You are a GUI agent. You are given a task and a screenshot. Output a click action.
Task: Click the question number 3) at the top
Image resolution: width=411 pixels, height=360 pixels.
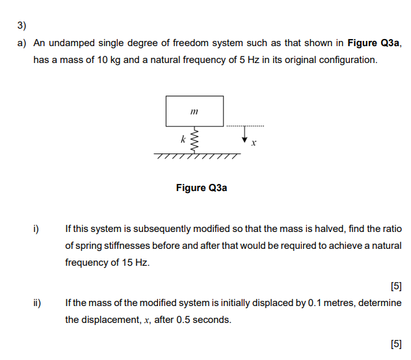(x=21, y=27)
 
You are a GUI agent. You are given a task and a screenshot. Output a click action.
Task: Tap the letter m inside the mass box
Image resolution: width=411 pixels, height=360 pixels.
(x=194, y=112)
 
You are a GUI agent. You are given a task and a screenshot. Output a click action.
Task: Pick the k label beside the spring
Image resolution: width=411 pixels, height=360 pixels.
(x=183, y=139)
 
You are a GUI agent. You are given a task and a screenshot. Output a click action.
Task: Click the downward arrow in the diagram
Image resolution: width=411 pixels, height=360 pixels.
(x=245, y=135)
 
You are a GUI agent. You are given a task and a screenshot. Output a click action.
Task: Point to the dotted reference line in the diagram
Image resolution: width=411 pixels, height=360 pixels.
(x=245, y=125)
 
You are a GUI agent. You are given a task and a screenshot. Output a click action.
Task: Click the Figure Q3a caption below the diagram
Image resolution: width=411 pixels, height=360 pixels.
(x=202, y=188)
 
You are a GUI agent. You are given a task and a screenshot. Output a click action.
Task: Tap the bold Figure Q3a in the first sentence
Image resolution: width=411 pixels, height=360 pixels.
(x=373, y=44)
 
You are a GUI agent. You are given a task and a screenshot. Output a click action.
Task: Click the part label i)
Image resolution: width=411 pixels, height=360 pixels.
(x=37, y=229)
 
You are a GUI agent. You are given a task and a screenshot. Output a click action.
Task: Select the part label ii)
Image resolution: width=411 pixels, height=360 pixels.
(x=38, y=303)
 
